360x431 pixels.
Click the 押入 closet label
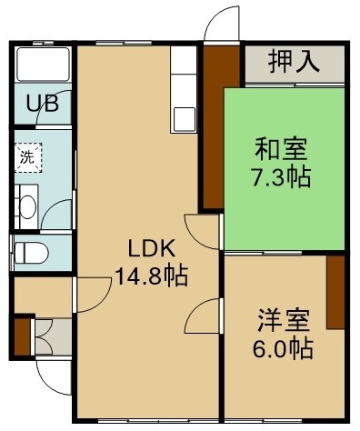pos(294,63)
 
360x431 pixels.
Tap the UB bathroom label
pos(43,104)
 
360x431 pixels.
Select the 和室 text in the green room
pos(281,149)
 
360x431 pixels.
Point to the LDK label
pos(152,248)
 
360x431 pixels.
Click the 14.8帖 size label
pos(152,276)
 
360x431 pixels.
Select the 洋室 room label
pos(284,320)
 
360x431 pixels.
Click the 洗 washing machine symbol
pos(28,157)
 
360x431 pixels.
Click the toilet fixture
pos(32,253)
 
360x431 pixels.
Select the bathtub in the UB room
pos(43,65)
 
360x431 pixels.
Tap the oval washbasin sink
pos(27,207)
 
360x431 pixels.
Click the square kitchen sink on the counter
pos(184,119)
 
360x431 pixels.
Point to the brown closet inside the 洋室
pos(335,292)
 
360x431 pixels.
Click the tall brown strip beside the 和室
pos(214,127)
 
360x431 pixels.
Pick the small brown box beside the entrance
pos(23,336)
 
